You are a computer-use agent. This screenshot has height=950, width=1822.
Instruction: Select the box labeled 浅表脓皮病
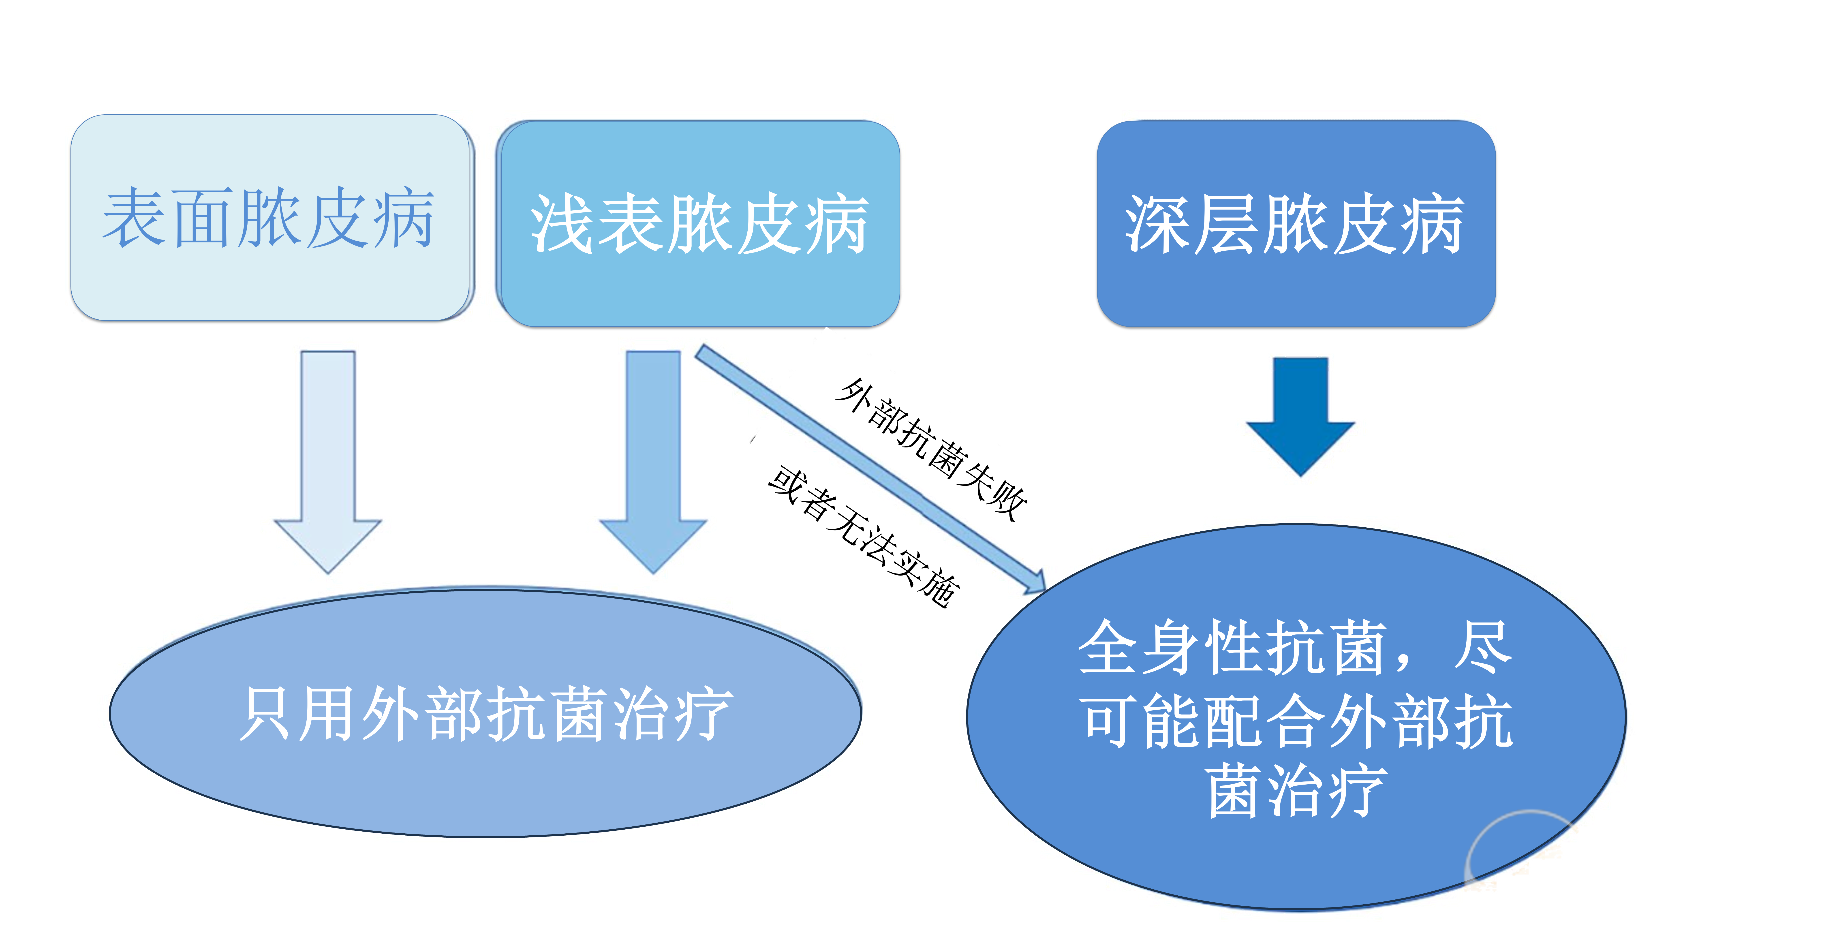698,223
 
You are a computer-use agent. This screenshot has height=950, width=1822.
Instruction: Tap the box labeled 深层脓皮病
1296,223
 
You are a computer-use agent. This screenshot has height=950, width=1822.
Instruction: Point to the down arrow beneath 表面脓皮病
327,460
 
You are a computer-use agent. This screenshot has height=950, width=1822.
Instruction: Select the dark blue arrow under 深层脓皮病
1300,414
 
